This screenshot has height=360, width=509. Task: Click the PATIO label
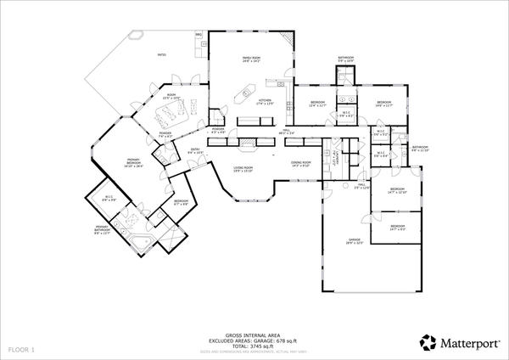(x=161, y=55)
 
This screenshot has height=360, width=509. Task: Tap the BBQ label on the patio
(x=199, y=36)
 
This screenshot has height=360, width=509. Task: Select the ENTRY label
(x=195, y=151)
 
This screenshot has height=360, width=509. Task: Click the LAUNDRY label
(x=337, y=157)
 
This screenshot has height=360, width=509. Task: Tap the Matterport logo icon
(x=428, y=343)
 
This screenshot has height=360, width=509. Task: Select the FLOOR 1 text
(x=21, y=349)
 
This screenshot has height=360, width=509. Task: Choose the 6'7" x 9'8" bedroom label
(x=182, y=204)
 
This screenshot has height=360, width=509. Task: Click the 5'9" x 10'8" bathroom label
(x=344, y=60)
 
